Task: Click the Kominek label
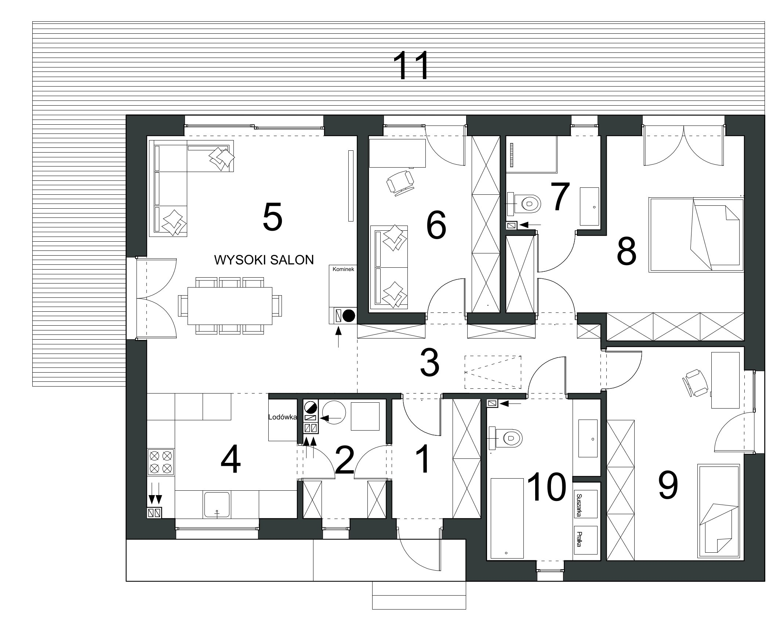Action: coord(343,269)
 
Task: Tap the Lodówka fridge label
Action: coord(282,417)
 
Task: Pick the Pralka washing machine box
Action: coord(585,540)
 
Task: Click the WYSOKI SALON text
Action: coord(264,260)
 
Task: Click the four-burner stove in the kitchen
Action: coord(160,462)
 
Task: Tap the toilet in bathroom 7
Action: coord(525,203)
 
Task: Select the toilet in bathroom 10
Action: coord(506,438)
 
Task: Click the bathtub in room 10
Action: coord(507,518)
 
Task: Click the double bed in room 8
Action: coord(696,235)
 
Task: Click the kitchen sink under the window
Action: coord(217,505)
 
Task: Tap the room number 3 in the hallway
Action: coord(429,363)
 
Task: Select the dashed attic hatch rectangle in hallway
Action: coord(493,372)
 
